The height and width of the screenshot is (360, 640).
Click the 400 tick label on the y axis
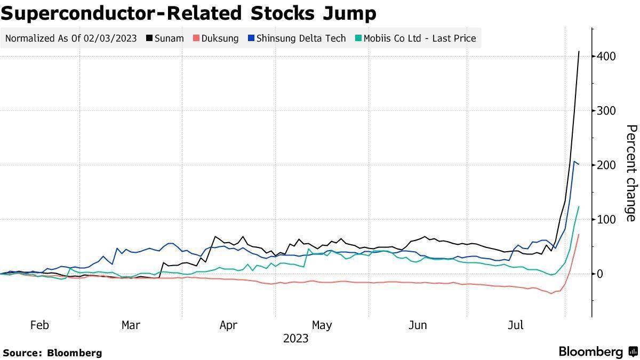pyautogui.click(x=607, y=56)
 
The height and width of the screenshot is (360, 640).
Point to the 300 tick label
pyautogui.click(x=607, y=110)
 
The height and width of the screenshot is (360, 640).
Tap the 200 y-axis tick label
pyautogui.click(x=607, y=165)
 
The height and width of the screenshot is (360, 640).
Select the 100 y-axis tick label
pyautogui.click(x=607, y=219)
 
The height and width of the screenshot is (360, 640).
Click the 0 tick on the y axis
pyautogui.click(x=601, y=274)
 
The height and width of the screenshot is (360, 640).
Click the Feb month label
pyautogui.click(x=39, y=325)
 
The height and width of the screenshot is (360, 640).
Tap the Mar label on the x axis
pyautogui.click(x=131, y=325)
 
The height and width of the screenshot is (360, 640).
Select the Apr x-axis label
pyautogui.click(x=228, y=325)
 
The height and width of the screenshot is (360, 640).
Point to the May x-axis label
pyautogui.click(x=322, y=325)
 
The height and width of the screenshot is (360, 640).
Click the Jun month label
pyautogui.click(x=418, y=325)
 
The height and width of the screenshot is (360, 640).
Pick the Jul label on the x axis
pyautogui.click(x=515, y=325)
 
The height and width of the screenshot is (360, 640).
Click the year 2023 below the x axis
pyautogui.click(x=295, y=339)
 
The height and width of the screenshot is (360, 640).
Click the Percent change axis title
pyautogui.click(x=631, y=173)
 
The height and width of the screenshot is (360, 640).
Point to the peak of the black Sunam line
pyautogui.click(x=579, y=52)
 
